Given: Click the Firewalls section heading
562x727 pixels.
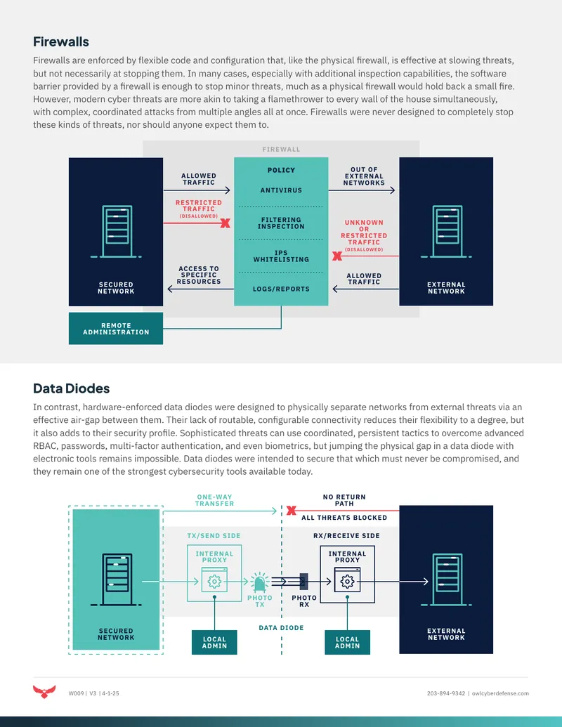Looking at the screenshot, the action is point(60,41).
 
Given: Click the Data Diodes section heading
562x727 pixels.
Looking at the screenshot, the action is point(72,388).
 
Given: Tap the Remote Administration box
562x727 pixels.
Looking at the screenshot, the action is point(116,329).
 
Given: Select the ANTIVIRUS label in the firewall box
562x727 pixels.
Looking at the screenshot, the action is point(281,190).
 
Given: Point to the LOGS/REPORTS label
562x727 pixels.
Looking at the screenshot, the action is point(281,289).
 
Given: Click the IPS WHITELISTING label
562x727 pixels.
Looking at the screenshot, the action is point(281,256).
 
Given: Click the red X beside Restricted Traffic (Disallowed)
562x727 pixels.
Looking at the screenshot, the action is point(226,223).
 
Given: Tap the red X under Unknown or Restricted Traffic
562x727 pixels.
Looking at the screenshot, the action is point(337,256).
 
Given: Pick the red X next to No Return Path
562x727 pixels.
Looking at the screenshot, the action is point(292,511).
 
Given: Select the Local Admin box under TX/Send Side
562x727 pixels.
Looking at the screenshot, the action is point(214,642).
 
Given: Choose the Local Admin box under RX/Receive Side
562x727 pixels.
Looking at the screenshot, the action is point(347,642).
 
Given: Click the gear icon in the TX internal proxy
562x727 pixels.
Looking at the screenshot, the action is point(214,582).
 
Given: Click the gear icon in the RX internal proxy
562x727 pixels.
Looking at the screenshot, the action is point(347,582).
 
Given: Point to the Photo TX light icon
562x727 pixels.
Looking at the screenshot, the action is point(260,582).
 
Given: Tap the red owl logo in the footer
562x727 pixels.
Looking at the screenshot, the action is point(44,692).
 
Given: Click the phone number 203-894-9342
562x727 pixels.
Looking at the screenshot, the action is point(446,693).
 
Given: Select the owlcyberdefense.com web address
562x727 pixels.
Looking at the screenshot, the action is point(500,693).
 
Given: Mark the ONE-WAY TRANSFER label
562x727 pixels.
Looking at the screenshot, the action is point(215,500).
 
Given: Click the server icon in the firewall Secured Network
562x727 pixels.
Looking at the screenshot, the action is point(117,231).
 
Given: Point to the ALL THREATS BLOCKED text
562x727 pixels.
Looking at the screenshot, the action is point(344,518).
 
